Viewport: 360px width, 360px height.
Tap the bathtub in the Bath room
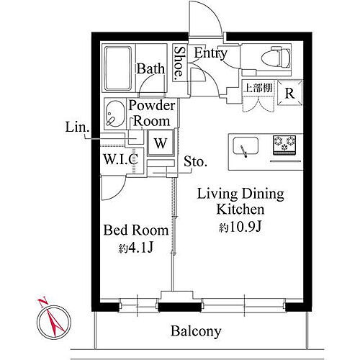click(120, 68)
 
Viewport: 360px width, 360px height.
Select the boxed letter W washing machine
click(161, 142)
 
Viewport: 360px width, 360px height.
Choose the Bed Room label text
click(136, 231)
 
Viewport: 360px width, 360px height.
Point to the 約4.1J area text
click(136, 249)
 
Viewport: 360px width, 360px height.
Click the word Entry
click(210, 53)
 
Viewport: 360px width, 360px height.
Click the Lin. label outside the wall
click(77, 128)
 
